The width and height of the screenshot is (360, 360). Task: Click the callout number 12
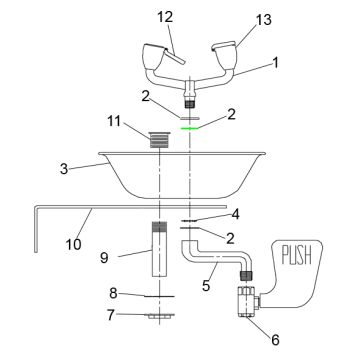point(165,16)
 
